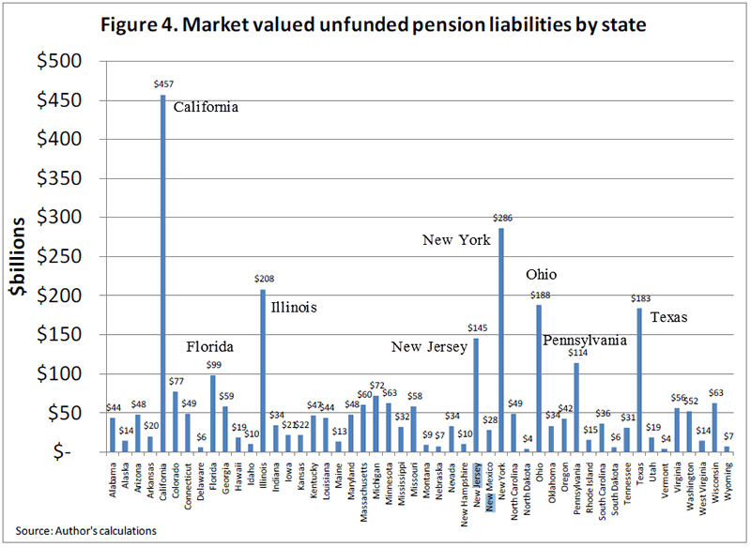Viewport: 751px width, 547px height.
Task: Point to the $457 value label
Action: (162, 84)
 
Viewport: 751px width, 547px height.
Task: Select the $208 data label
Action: (263, 279)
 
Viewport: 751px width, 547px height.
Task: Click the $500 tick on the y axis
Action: (58, 62)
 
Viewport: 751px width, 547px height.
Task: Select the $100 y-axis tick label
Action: (58, 374)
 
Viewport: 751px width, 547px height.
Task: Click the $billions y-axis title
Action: (21, 255)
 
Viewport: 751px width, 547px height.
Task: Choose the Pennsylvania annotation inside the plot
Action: (586, 341)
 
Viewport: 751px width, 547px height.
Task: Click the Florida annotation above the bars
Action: (208, 347)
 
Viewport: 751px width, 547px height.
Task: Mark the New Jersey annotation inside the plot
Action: (429, 348)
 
